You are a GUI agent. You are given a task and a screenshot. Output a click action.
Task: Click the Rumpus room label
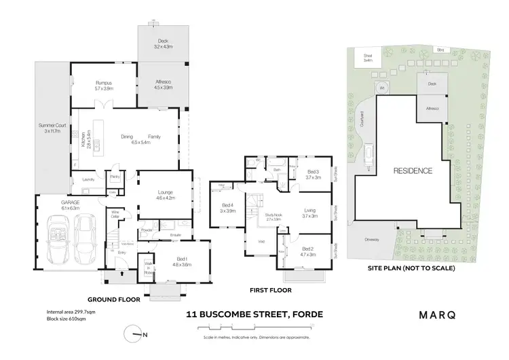[104, 84]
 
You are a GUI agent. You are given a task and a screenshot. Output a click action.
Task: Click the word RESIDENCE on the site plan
[412, 170]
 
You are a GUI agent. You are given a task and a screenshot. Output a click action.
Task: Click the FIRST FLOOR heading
[270, 290]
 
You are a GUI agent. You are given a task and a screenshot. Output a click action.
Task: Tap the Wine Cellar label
[115, 216]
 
